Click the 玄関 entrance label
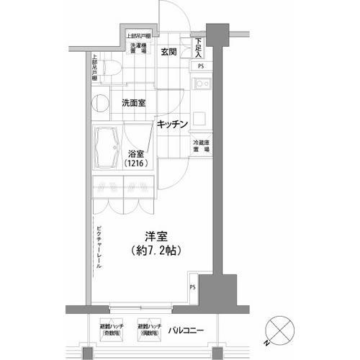point(169,52)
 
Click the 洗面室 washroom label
point(134,103)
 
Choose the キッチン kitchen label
point(174,125)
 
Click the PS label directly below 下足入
point(200,68)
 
